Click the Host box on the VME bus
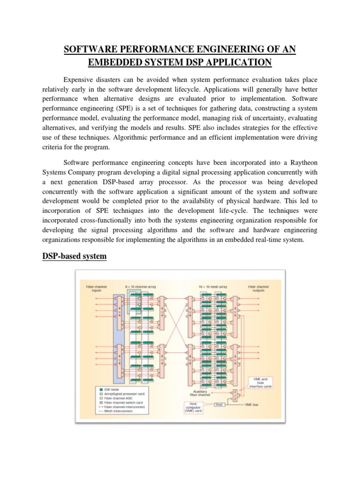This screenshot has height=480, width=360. click(219, 404)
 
